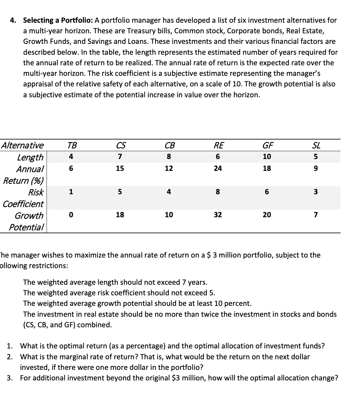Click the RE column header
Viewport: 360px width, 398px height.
coord(218,146)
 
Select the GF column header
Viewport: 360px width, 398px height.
coord(267,146)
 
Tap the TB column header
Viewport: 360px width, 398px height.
coord(72,146)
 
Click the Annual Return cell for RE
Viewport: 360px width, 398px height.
coord(218,168)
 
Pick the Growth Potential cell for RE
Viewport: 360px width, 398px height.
coord(218,215)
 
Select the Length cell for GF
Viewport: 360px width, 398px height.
coord(267,157)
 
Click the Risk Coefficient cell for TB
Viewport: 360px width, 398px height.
coord(71,192)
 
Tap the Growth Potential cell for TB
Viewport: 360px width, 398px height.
coord(71,215)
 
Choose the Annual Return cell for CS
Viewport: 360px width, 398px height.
coord(120,168)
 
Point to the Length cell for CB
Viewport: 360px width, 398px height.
coord(169,157)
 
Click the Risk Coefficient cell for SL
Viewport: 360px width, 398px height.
coord(316,192)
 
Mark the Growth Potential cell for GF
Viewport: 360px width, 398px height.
coord(267,215)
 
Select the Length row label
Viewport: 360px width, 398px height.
coord(30,157)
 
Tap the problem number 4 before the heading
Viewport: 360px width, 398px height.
coord(13,20)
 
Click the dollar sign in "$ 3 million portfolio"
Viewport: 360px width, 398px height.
coord(209,255)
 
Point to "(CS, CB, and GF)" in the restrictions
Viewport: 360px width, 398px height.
coord(67,325)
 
